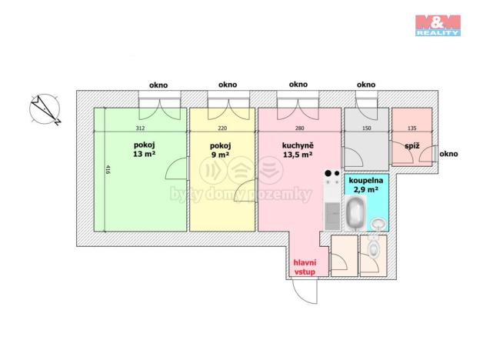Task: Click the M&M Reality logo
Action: click(438, 25)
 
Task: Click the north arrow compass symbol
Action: click(45, 109)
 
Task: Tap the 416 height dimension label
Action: click(108, 170)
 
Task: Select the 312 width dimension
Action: click(140, 128)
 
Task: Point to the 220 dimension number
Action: click(222, 128)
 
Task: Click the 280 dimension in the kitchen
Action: click(299, 128)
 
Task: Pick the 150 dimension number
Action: click(367, 128)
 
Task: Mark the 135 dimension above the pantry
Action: click(411, 128)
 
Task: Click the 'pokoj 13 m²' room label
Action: click(144, 149)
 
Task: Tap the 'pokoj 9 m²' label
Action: click(220, 150)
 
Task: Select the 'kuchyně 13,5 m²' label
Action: click(298, 150)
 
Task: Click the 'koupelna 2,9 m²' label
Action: click(366, 185)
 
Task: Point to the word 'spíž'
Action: click(411, 145)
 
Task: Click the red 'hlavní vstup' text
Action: click(305, 267)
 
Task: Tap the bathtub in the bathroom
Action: click(355, 213)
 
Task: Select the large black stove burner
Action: click(328, 173)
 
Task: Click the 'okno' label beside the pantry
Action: click(448, 154)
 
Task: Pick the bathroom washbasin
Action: click(378, 223)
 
